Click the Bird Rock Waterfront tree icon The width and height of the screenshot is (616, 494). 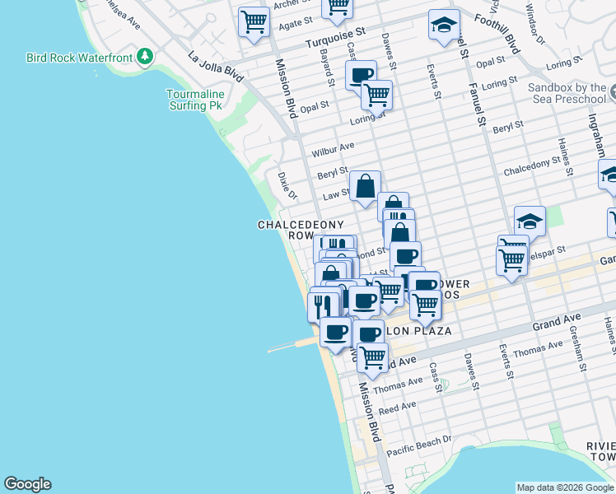145,57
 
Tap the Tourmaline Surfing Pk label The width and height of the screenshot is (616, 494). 194,100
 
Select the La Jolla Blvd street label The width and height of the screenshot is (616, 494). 215,68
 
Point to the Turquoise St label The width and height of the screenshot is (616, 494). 335,39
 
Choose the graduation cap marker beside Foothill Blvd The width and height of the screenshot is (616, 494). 443,26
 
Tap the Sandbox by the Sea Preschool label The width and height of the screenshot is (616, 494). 567,93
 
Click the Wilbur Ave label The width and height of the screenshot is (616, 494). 333,149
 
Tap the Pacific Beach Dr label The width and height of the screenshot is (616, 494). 419,445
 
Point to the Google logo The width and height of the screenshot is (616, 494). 27,484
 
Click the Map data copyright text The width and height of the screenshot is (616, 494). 564,487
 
